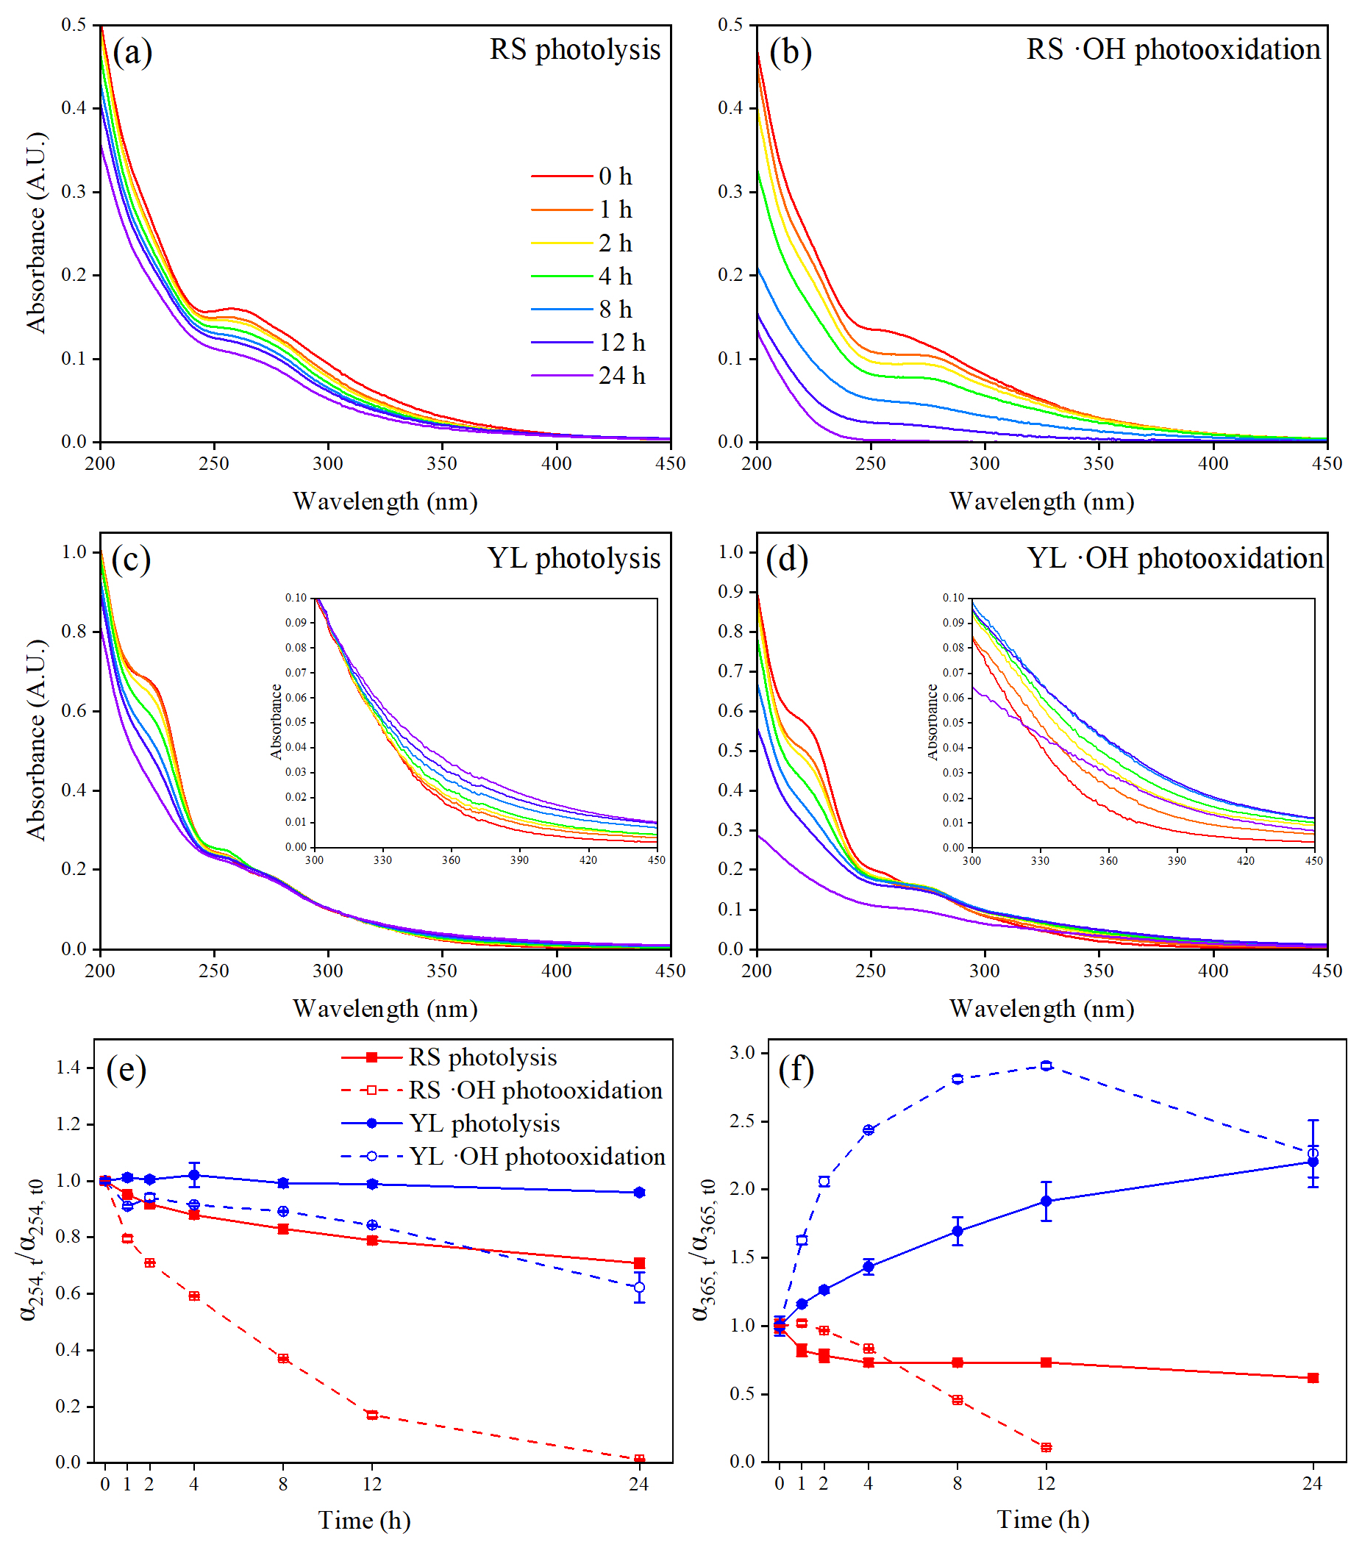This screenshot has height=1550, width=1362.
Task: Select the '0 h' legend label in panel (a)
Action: pos(614,176)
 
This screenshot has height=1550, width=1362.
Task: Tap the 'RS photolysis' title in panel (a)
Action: pos(574,50)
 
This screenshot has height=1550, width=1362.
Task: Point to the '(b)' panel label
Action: pos(790,53)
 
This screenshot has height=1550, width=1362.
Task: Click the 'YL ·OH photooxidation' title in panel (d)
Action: pos(1174,558)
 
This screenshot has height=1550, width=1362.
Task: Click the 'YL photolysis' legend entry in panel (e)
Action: pos(484,1123)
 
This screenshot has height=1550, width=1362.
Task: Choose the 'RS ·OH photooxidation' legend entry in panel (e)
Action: pos(535,1090)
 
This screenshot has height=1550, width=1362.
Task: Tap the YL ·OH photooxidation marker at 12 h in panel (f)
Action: pos(1047,1065)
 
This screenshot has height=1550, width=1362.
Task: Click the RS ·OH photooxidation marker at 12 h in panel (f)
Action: pos(1047,1447)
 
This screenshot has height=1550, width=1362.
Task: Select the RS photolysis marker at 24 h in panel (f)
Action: pos(1313,1377)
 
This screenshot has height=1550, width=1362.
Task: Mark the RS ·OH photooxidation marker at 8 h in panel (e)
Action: pos(283,1358)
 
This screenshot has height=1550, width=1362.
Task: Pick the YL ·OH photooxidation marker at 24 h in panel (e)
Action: pos(639,1287)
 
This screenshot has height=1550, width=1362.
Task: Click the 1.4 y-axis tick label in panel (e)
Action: pos(68,1068)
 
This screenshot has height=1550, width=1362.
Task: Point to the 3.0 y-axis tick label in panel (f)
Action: pos(743,1052)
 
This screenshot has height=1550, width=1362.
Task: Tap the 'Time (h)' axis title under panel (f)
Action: pos(1043,1520)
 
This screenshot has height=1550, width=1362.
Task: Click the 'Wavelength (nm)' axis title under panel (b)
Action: pos(1041,501)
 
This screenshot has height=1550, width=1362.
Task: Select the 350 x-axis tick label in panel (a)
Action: pos(442,463)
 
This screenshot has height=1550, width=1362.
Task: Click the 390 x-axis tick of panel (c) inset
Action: pos(519,860)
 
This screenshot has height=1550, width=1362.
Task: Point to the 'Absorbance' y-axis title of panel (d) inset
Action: pos(933,721)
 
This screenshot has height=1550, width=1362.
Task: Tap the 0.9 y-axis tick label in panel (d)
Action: pos(731,591)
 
